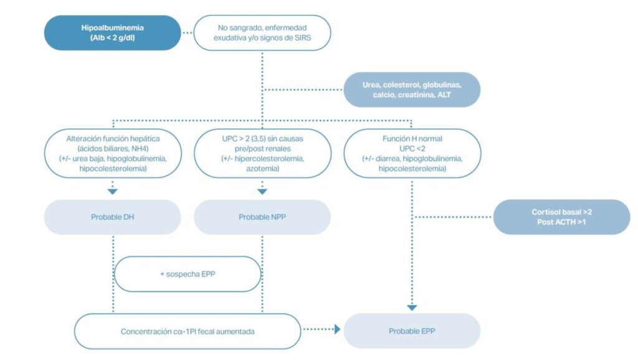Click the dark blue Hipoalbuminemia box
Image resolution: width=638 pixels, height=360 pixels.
point(113,33)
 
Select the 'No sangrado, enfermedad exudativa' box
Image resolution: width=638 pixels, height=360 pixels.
point(262,33)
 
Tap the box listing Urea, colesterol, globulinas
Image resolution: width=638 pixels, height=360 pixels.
point(412,90)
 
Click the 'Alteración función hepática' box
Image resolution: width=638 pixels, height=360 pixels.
point(113,153)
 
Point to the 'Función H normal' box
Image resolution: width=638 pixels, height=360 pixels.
point(412,153)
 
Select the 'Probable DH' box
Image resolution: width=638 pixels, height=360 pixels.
point(113,217)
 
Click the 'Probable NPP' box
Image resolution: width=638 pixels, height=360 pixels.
point(262,217)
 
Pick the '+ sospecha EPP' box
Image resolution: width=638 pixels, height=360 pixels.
point(188,274)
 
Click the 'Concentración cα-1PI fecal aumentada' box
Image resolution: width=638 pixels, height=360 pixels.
point(188,331)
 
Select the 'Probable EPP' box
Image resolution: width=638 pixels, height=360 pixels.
point(412,331)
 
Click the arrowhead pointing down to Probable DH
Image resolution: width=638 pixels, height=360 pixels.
point(113,191)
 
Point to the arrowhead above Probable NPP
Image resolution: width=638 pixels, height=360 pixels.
point(262,191)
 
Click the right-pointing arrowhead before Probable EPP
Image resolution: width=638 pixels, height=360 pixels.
point(338,329)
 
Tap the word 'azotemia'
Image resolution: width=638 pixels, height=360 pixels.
point(262,168)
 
